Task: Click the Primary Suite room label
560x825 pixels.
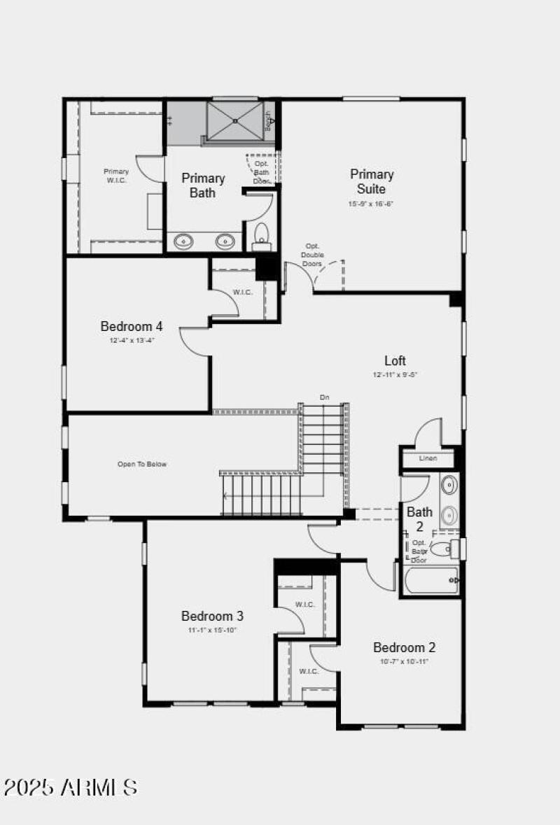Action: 372,181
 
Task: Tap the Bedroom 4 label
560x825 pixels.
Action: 132,326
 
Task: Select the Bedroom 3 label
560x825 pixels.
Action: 212,616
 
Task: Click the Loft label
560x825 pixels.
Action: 395,361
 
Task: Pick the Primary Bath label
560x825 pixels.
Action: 203,185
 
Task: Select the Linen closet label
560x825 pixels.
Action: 428,458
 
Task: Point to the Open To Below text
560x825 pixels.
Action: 142,464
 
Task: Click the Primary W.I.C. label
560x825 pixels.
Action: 116,176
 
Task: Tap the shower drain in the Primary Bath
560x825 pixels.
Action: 236,120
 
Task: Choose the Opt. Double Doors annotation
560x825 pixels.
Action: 312,255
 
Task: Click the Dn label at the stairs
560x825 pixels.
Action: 325,397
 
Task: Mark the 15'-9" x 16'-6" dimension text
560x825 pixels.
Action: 371,204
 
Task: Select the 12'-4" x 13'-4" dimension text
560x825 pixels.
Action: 132,341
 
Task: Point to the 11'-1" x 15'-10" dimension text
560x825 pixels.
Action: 212,630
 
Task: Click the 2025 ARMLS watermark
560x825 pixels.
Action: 70,787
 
